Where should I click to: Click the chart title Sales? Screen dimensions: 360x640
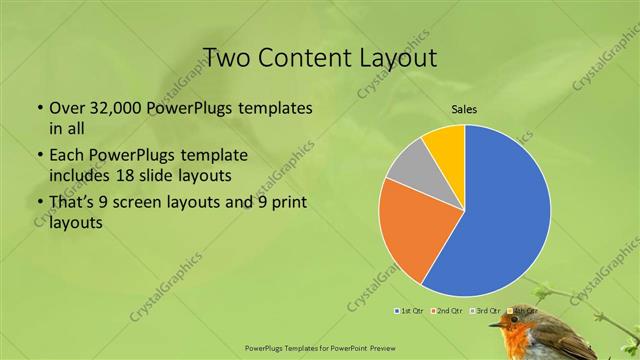[x=464, y=108]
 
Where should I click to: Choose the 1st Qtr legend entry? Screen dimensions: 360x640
[x=410, y=311]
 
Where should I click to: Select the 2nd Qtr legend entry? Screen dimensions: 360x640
[x=446, y=311]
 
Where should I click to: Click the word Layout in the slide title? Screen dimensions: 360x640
[x=393, y=57]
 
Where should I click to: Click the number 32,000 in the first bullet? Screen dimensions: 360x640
[x=114, y=107]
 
